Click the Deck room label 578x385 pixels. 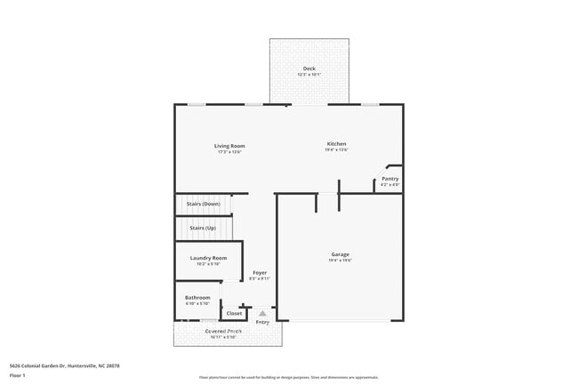pyautogui.click(x=309, y=68)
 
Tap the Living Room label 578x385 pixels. pyautogui.click(x=229, y=146)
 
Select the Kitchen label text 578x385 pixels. pyautogui.click(x=336, y=144)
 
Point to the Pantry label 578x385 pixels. pyautogui.click(x=389, y=179)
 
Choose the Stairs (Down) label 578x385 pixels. pyautogui.click(x=203, y=204)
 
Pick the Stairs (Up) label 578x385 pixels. pyautogui.click(x=203, y=228)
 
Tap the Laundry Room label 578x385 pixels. pyautogui.click(x=208, y=258)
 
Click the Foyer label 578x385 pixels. pyautogui.click(x=260, y=272)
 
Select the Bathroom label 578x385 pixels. pyautogui.click(x=197, y=297)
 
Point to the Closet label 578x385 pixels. pyautogui.click(x=234, y=313)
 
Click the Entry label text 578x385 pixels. pyautogui.click(x=262, y=322)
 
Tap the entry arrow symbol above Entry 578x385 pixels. pyautogui.click(x=262, y=313)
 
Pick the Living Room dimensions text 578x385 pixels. pyautogui.click(x=229, y=152)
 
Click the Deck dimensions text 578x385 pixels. pyautogui.click(x=309, y=75)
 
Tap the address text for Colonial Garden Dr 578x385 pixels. pyautogui.click(x=64, y=365)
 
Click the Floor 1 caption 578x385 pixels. pyautogui.click(x=18, y=376)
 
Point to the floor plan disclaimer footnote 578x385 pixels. pyautogui.click(x=289, y=377)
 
